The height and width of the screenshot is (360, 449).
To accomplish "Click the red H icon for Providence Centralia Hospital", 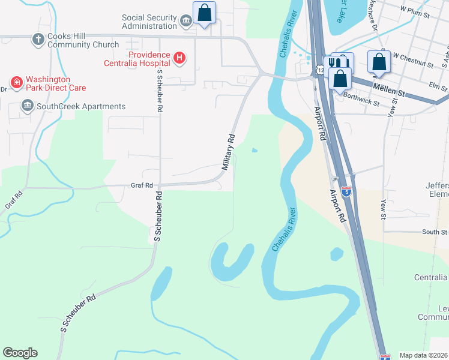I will point(178,58).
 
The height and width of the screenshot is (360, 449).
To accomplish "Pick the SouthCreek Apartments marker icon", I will point(27,106).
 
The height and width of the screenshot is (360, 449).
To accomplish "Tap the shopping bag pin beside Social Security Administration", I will point(204,13).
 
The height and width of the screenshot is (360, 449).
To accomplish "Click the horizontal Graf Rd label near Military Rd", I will point(142,185).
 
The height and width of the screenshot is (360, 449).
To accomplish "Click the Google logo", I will point(20,353).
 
